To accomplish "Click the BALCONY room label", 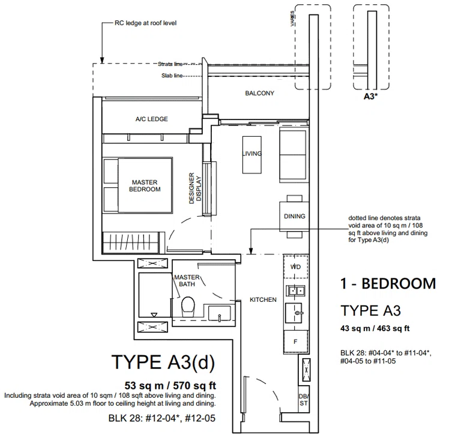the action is click(x=259, y=93).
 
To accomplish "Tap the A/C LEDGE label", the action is click(x=152, y=119).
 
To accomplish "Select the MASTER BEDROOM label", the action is click(x=145, y=185).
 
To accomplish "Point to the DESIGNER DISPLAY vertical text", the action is click(x=195, y=188).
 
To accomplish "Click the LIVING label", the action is click(x=252, y=154).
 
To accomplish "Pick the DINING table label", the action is click(x=295, y=216).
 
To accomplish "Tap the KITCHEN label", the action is click(x=263, y=299).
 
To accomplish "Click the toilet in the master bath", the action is click(x=188, y=306).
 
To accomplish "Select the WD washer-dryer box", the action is click(x=296, y=266).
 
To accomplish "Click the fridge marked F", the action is click(x=296, y=341).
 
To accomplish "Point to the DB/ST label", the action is click(x=304, y=400).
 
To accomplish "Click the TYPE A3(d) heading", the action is click(x=163, y=362).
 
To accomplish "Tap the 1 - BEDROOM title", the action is click(x=388, y=283).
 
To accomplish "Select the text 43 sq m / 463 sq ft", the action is click(x=375, y=328).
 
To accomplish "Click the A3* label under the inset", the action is click(x=370, y=97).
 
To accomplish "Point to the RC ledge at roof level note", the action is click(x=145, y=23).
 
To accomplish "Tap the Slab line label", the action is click(x=172, y=76).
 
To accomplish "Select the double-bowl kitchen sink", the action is click(x=295, y=290).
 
